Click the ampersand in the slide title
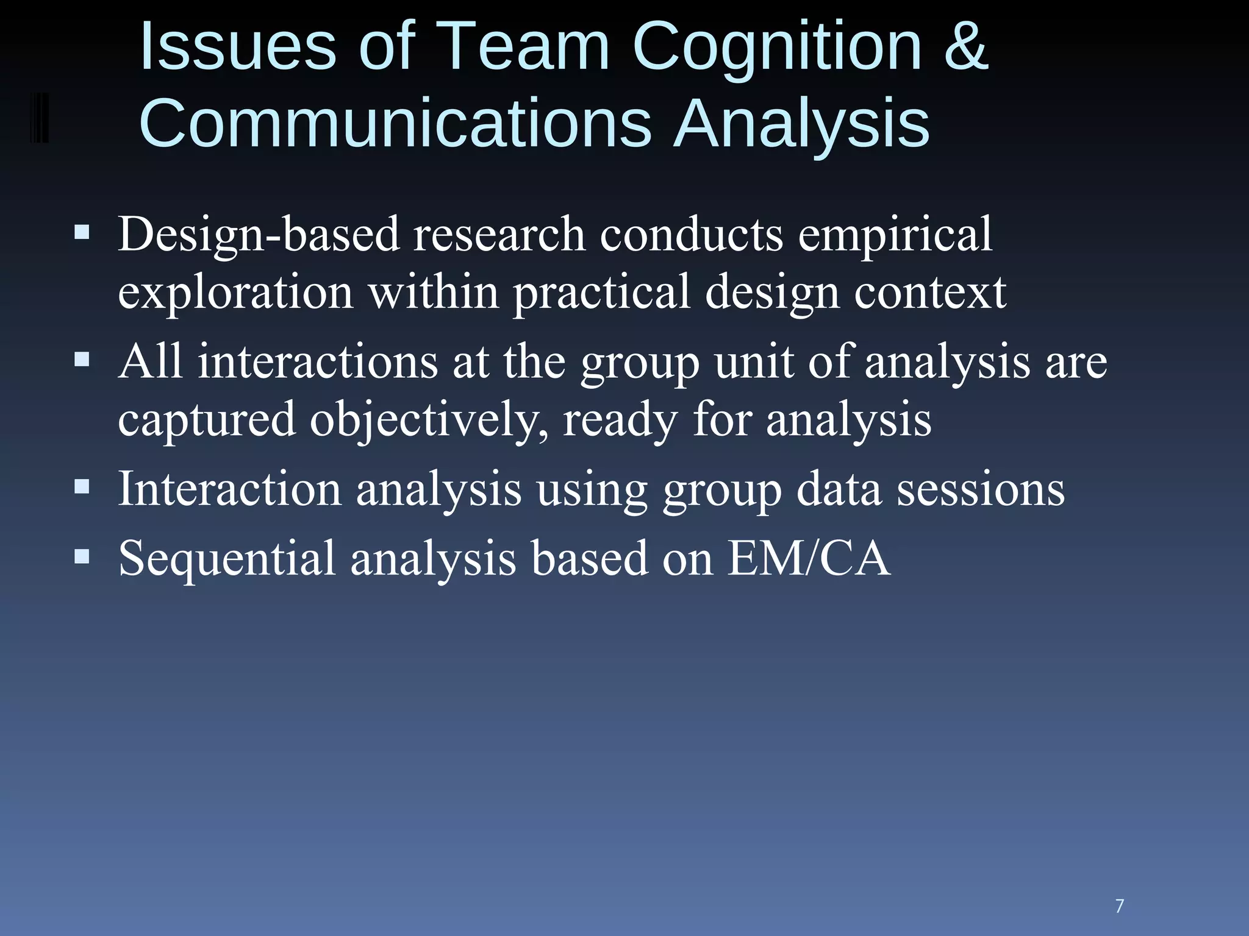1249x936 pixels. click(x=965, y=46)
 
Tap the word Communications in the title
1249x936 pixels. click(x=395, y=123)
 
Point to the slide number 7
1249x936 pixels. click(x=1119, y=906)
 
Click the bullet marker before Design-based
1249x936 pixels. click(x=82, y=232)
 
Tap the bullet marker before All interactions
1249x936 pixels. click(x=82, y=360)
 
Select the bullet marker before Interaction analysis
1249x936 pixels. click(x=82, y=486)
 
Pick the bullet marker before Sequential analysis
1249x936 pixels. click(x=82, y=556)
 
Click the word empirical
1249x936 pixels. click(x=895, y=235)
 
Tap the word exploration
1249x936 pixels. click(x=235, y=292)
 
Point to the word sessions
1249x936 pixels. click(x=981, y=489)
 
